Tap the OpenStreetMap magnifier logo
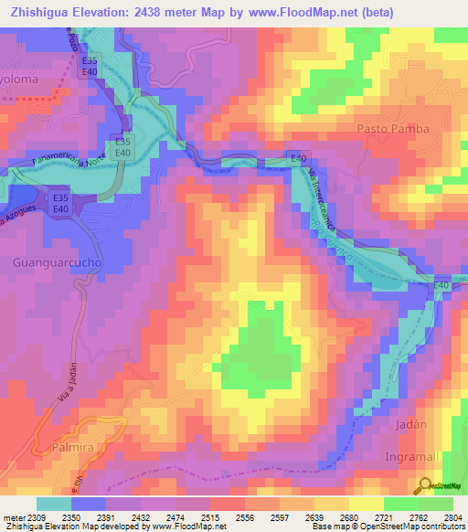coord(426,484)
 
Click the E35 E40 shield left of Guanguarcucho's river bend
coord(62,202)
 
